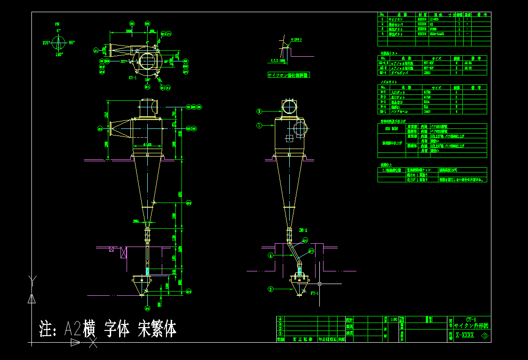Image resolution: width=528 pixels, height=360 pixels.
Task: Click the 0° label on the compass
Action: [x=59, y=30]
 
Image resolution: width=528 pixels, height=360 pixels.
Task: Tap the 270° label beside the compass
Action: [x=46, y=43]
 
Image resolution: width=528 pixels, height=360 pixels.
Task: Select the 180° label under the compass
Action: [x=59, y=54]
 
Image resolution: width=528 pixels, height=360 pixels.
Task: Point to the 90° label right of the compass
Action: [x=72, y=43]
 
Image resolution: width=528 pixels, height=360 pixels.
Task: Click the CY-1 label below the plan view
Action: [x=132, y=78]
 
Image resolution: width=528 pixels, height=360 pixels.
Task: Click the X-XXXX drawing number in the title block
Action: [x=465, y=336]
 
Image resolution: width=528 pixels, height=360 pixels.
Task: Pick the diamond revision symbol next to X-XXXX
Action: [x=484, y=336]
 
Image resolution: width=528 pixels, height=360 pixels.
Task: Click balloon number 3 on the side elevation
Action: [x=258, y=112]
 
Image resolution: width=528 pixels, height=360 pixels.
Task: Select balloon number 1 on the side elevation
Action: [x=258, y=125]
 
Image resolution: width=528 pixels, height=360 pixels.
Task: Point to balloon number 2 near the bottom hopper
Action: [x=270, y=289]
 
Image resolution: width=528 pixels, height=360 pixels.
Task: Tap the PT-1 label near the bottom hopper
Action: [x=314, y=293]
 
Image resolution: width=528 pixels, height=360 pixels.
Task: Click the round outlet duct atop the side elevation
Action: [x=289, y=108]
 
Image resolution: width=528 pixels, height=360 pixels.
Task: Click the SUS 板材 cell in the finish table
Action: [x=391, y=128]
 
